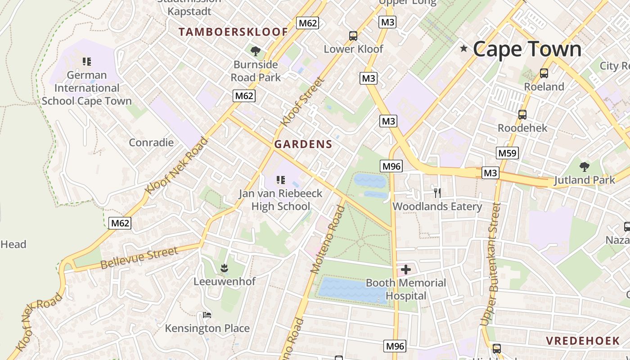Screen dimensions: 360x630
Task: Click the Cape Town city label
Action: point(527,49)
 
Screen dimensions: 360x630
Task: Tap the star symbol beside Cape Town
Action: point(463,48)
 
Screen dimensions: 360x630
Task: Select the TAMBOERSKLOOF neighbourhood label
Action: point(233,32)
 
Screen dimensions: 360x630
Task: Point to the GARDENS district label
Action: point(303,144)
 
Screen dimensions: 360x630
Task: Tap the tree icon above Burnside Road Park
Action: point(256,51)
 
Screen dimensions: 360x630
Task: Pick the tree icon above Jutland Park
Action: point(584,167)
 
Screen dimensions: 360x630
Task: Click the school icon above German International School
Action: point(87,62)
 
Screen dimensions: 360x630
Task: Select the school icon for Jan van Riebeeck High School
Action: point(281,180)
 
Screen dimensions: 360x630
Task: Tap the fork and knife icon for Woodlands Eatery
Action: point(437,193)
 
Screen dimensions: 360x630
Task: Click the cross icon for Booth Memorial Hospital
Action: point(406,270)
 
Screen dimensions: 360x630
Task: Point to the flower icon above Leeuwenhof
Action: point(224,269)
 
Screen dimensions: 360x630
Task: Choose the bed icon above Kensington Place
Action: point(207,315)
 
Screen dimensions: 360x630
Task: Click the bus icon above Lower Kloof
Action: point(353,36)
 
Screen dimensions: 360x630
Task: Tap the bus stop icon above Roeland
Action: point(544,73)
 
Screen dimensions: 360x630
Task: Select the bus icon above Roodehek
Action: point(522,115)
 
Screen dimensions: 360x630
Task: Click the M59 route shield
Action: point(508,153)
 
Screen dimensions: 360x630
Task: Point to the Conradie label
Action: point(151,143)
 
